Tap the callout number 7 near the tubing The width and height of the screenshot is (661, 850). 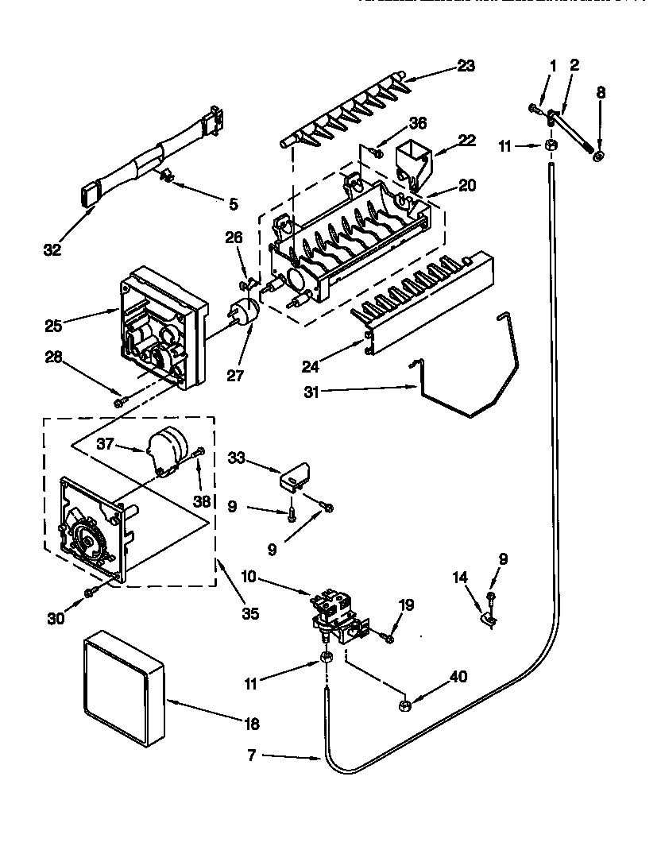tap(252, 755)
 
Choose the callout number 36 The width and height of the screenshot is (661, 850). tap(418, 123)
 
